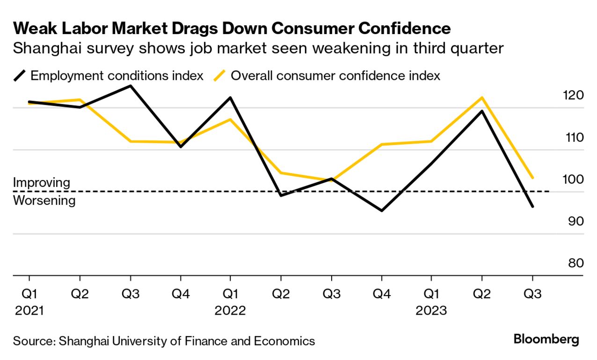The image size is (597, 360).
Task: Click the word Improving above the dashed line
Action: (41, 182)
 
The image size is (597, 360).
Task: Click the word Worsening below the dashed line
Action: (44, 201)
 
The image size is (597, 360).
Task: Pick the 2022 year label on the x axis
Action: (230, 311)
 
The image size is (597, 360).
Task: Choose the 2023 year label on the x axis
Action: (431, 311)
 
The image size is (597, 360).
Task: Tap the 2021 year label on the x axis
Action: (29, 311)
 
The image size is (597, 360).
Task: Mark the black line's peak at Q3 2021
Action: (130, 86)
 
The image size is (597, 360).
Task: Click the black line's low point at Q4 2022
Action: (382, 211)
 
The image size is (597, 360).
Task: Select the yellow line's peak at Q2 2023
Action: (482, 98)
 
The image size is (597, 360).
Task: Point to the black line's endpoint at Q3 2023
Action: (532, 206)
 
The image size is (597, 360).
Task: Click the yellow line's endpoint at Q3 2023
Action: (532, 178)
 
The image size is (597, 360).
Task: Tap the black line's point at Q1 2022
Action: (230, 98)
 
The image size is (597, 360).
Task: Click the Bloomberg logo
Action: (546, 339)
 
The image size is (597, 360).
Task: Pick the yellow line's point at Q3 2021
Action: (130, 141)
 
